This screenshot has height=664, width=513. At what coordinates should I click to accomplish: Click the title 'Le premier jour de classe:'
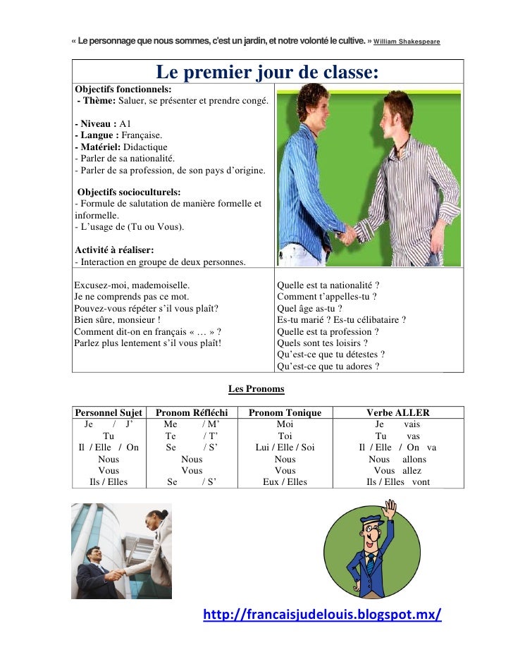pyautogui.click(x=267, y=73)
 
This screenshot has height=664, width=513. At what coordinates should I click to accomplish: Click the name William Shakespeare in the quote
pyautogui.click(x=407, y=42)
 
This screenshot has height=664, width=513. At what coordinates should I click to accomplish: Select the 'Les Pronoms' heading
pyautogui.click(x=256, y=388)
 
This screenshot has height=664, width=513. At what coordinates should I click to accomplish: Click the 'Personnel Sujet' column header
pyautogui.click(x=109, y=412)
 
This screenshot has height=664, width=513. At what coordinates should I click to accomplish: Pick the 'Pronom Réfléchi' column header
pyautogui.click(x=190, y=412)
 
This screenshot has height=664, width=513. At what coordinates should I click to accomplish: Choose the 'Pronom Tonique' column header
pyautogui.click(x=285, y=412)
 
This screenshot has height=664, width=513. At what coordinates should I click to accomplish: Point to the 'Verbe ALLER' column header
pyautogui.click(x=397, y=412)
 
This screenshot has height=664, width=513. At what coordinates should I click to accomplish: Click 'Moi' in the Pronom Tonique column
pyautogui.click(x=285, y=424)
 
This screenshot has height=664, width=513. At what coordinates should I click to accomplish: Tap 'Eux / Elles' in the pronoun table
pyautogui.click(x=285, y=482)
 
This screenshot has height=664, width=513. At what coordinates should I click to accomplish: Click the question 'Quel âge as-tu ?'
pyautogui.click(x=310, y=308)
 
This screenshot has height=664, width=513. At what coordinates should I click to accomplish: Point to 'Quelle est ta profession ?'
pyautogui.click(x=328, y=331)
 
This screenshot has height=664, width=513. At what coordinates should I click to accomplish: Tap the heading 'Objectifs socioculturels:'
pyautogui.click(x=129, y=192)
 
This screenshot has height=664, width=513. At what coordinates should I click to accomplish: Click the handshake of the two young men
pyautogui.click(x=347, y=234)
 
